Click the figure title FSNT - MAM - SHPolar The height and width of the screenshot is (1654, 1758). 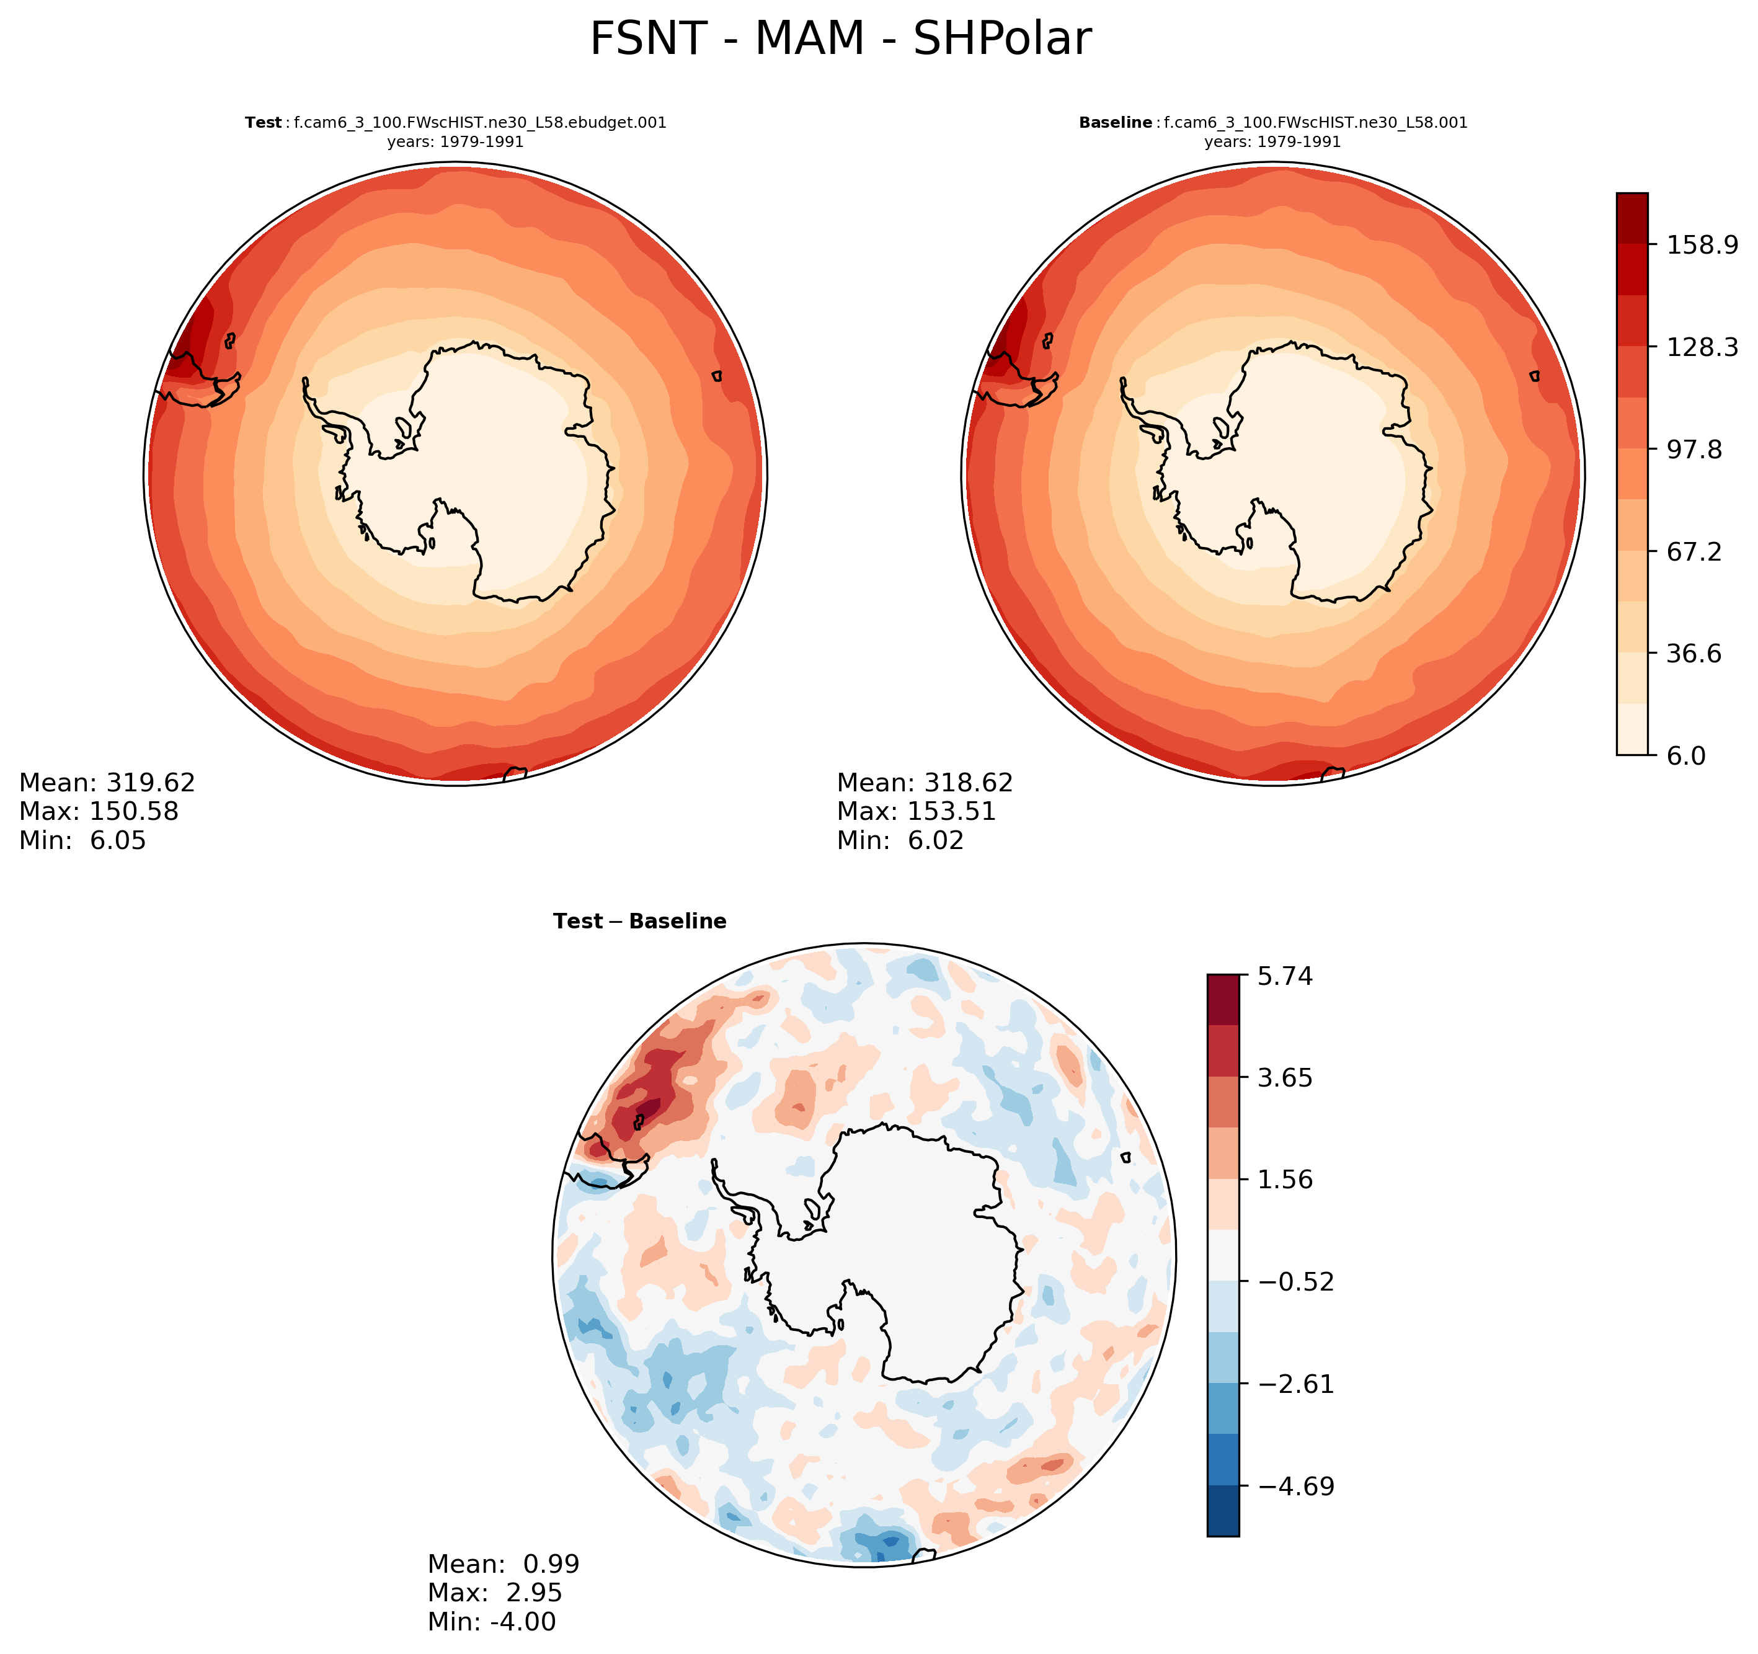(840, 39)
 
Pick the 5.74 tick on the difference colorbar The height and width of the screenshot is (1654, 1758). (1284, 977)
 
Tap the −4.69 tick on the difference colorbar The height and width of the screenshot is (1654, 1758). (1295, 1486)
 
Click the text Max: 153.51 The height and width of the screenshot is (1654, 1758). (916, 811)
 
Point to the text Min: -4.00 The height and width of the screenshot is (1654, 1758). (492, 1621)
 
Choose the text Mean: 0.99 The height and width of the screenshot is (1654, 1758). (503, 1564)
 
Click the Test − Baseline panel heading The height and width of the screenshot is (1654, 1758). (639, 922)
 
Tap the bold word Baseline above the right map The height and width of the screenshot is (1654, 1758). (1115, 123)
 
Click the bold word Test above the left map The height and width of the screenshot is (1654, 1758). (263, 123)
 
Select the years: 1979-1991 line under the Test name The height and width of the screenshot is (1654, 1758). (455, 141)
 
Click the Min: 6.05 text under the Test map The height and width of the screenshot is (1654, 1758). (82, 840)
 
